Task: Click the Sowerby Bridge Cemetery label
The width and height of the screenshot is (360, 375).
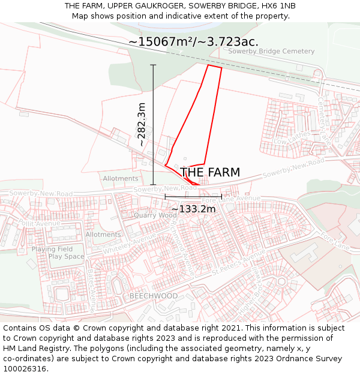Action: coord(271,52)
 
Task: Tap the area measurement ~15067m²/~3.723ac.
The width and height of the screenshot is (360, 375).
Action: coord(193,42)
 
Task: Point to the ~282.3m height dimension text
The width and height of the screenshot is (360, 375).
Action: coord(142,125)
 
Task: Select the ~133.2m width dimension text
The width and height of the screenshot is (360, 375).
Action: coord(193,209)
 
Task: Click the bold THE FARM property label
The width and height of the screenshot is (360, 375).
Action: coord(210,173)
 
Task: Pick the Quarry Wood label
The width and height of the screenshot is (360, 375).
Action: coord(155,215)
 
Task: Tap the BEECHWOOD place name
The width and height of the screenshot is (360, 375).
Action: coord(154,296)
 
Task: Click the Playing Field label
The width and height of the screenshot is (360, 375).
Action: coord(52,249)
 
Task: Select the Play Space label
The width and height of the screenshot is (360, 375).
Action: coord(67,257)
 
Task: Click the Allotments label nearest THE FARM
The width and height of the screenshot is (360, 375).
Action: coord(120,179)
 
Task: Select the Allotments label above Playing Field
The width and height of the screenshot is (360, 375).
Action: coord(103,235)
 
